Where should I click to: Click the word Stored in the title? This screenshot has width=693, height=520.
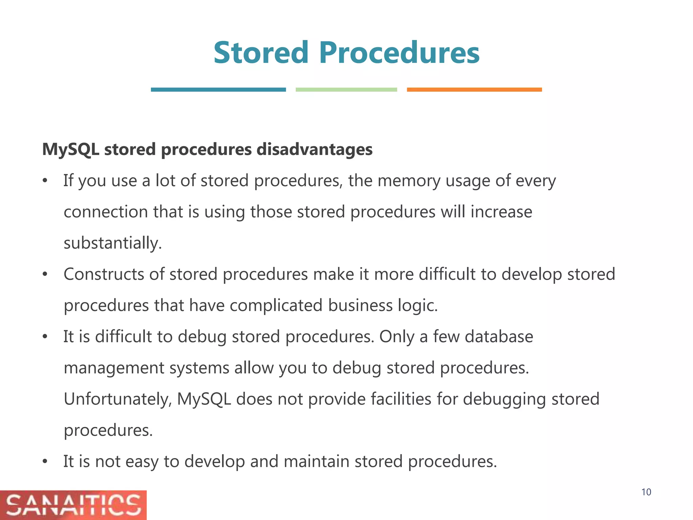[261, 53]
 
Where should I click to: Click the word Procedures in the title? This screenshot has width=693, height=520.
[399, 53]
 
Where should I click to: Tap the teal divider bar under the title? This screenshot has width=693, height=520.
[218, 90]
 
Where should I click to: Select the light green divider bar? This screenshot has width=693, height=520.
[346, 90]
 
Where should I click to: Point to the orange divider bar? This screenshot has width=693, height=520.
[474, 90]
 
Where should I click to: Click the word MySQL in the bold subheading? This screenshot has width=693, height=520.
[71, 150]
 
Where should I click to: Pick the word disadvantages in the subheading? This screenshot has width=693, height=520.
[314, 150]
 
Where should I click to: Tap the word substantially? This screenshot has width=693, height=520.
[113, 243]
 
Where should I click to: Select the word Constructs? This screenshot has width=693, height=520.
[104, 274]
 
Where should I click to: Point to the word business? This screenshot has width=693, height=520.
[360, 306]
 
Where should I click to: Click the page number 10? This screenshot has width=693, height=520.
[646, 492]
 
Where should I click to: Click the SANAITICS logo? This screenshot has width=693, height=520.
[73, 505]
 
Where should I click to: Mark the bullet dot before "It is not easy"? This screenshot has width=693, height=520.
[45, 462]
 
